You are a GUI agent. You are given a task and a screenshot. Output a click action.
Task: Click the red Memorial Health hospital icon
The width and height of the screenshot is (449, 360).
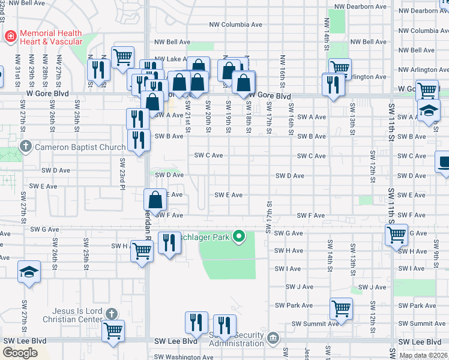tap(10, 37)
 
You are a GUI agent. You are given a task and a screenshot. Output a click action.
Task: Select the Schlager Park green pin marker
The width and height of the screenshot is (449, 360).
tap(239, 236)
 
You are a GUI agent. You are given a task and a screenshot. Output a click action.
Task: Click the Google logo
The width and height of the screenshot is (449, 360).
tap(20, 352)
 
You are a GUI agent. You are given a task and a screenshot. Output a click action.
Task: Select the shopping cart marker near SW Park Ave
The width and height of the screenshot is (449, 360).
tap(341, 308)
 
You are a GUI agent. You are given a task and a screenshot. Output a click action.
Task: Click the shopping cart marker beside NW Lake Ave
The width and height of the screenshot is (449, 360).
tap(122, 57)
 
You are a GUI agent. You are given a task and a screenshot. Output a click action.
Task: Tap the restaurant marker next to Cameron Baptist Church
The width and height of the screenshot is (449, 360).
tap(139, 140)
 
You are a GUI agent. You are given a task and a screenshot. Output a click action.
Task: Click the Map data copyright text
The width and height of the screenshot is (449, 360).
tap(423, 355)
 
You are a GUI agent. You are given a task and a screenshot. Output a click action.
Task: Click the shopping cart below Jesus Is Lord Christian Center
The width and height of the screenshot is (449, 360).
tap(112, 330)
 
